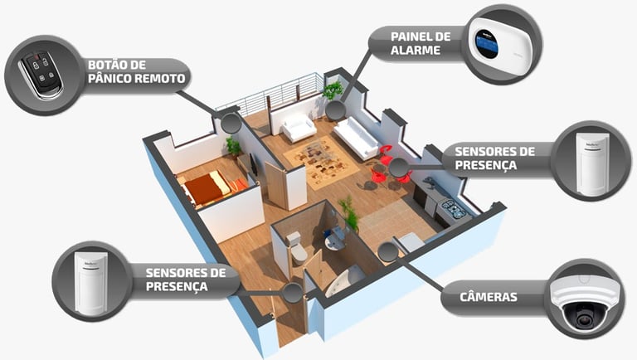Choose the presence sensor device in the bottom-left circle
90,282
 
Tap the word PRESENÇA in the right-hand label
486,165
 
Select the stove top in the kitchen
453,208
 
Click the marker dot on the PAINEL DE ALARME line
334,109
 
